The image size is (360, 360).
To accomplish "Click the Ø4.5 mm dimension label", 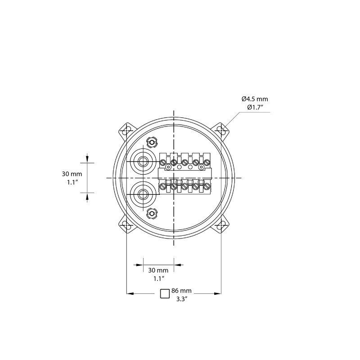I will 254,99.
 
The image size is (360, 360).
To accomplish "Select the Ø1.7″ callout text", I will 255,107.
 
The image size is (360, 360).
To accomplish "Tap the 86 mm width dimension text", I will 181,291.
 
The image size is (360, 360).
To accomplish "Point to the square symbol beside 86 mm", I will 165,293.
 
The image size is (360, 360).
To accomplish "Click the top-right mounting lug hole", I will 220,130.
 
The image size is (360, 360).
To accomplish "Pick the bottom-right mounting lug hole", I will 220,225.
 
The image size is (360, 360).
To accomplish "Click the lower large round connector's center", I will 143,194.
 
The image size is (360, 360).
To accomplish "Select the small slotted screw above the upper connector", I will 152,143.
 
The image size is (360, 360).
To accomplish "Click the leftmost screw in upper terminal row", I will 163,162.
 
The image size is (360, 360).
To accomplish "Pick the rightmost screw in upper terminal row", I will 207,162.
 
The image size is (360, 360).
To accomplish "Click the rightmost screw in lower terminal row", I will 207,185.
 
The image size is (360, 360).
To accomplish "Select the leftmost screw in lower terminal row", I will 163,185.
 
